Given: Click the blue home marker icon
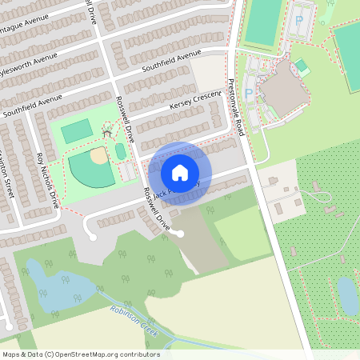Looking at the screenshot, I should coord(180,172).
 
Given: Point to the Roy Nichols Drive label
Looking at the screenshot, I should coord(49,180).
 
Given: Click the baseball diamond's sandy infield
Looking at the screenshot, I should coord(98,155).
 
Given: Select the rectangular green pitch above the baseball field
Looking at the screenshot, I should coord(77,130).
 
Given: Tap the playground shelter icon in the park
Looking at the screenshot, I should coord(106,132).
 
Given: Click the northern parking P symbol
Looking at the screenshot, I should coord(300,20).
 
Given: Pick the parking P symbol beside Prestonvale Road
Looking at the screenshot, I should coord(248,94).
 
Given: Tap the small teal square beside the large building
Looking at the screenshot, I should coord(301,66).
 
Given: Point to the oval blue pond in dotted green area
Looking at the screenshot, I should coord(348,296).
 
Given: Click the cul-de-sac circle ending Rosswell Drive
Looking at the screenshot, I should coord(180,234).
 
